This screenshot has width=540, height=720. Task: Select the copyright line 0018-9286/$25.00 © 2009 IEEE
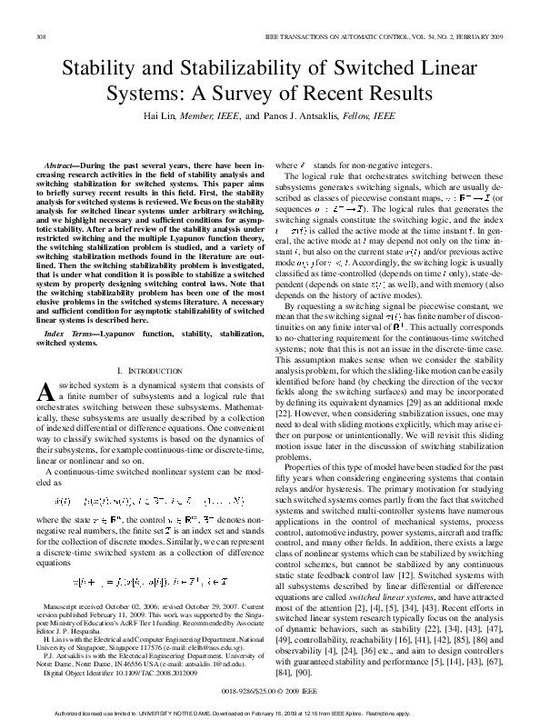click(x=269, y=691)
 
